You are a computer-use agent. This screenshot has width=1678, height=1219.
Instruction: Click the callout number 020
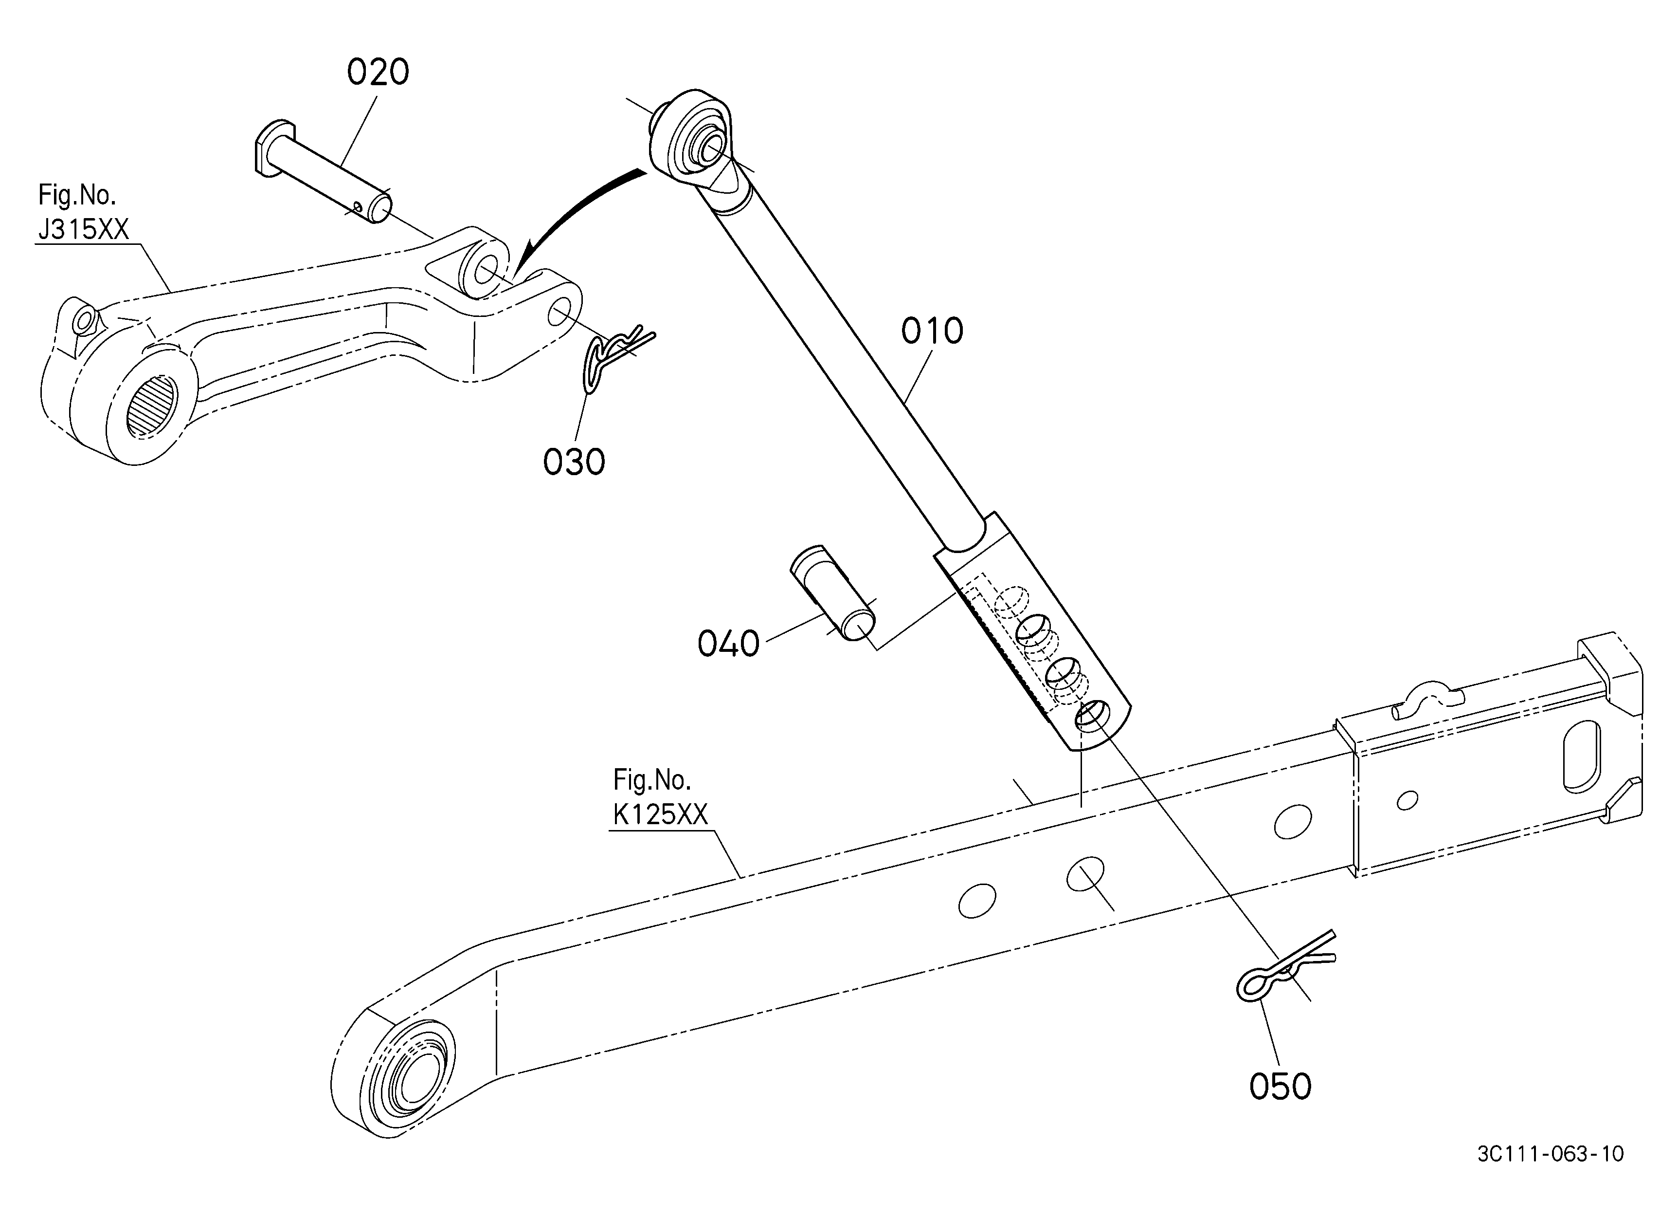378,73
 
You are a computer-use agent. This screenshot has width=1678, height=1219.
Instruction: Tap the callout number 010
932,331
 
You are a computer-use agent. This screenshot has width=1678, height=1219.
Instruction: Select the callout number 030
574,462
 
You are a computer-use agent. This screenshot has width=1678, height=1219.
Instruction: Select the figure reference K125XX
660,815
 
